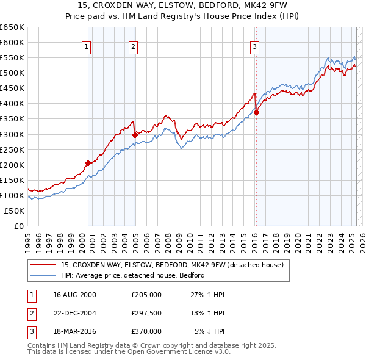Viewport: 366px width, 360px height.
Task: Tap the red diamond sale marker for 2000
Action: coord(88,163)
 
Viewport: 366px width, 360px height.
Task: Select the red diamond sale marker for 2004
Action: coord(135,134)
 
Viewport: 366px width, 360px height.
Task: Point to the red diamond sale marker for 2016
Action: coord(256,112)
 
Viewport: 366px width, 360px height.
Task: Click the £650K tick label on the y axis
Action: coord(12,27)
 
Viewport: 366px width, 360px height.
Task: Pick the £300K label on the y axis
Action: coord(12,134)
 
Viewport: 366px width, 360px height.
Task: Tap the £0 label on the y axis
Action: coord(19,226)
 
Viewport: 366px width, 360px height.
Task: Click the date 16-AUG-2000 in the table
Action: coord(74,295)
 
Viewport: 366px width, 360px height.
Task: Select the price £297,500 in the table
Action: coord(146,313)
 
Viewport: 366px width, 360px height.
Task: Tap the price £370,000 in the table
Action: coord(146,331)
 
